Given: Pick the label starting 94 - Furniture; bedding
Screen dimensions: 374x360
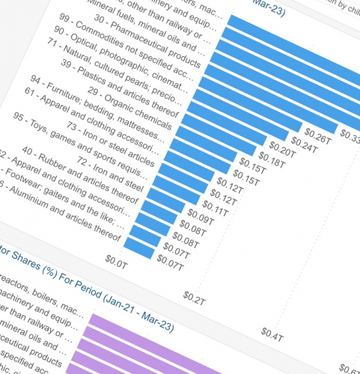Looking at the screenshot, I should click(112, 105).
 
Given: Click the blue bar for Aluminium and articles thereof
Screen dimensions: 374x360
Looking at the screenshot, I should click(138, 245).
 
